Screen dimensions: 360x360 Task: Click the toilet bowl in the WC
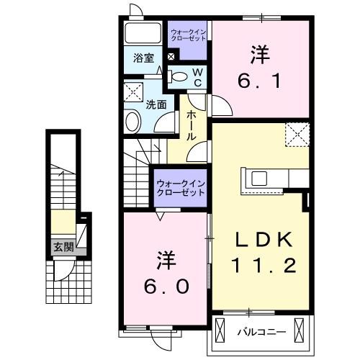coord(180,76)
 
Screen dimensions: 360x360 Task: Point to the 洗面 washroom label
coord(157,104)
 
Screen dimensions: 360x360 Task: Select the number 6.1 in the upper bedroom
coord(259,78)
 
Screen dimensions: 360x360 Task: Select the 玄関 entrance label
coord(62,247)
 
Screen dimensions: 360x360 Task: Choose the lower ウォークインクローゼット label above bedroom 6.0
coord(181,189)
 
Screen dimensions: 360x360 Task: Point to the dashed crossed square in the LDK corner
coord(296,134)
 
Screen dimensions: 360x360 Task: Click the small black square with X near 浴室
coord(171,55)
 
